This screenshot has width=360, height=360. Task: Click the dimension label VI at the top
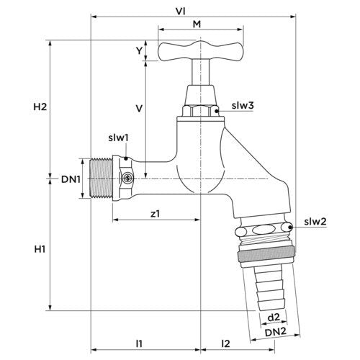(181, 12)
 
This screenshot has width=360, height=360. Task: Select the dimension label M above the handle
(197, 24)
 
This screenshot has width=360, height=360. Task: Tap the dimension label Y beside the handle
(140, 51)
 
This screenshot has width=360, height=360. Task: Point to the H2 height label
(40, 107)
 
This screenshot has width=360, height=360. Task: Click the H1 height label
(40, 249)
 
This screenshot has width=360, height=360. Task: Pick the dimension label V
(139, 109)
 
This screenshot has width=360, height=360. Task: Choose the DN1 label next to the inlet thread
(71, 179)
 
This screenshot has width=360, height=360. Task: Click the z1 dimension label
(155, 214)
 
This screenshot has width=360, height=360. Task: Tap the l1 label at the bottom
(139, 343)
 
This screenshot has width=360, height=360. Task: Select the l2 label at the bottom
(225, 343)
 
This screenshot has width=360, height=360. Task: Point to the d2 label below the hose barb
(274, 318)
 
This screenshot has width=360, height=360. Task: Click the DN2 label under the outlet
(276, 332)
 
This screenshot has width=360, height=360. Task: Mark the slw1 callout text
(118, 138)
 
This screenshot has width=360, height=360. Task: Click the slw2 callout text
(315, 222)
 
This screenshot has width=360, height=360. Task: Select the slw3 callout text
(243, 105)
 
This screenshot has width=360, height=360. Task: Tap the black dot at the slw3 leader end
(217, 111)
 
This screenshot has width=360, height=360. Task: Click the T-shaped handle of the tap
(201, 51)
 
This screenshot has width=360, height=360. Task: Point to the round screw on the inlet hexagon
(127, 178)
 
